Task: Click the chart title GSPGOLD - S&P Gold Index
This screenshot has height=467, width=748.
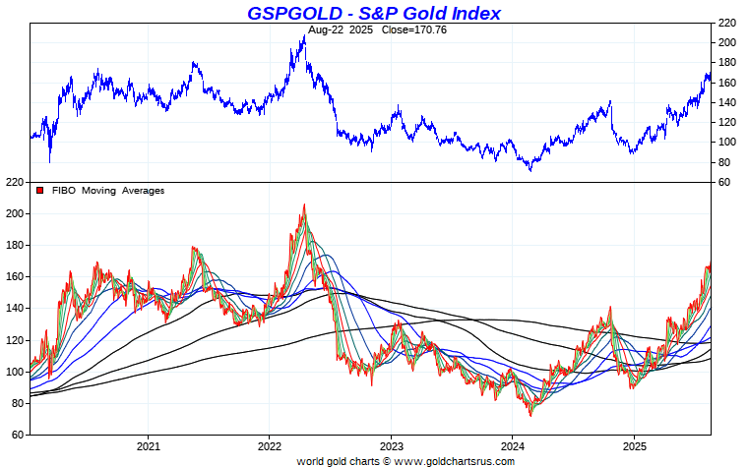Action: [373, 13]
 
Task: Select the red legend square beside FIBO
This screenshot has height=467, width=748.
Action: [39, 191]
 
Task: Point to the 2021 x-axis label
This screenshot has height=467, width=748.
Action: [148, 444]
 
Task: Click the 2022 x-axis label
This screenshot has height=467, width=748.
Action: [269, 444]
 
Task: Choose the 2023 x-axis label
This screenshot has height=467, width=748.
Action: [391, 444]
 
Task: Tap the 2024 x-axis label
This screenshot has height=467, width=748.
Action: [512, 444]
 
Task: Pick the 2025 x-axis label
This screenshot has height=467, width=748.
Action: [634, 444]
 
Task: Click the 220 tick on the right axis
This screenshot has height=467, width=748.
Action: [726, 23]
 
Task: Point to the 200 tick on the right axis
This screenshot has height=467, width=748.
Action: [726, 42]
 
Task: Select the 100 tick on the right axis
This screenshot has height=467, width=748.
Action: [726, 143]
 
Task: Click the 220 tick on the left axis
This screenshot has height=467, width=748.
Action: [14, 182]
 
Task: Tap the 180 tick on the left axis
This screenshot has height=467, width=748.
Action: [14, 245]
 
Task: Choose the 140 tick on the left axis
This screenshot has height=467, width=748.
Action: [14, 309]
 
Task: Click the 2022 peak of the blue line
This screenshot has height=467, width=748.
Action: [303, 35]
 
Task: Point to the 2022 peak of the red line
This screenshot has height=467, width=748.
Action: [303, 204]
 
